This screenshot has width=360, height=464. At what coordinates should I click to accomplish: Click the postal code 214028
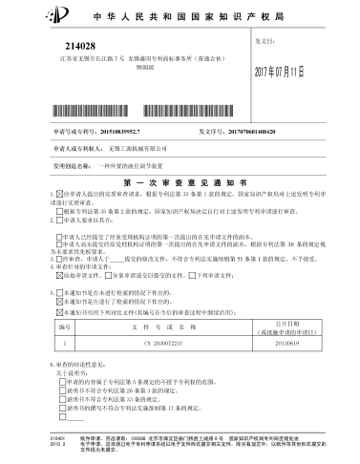click(x=81, y=45)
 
